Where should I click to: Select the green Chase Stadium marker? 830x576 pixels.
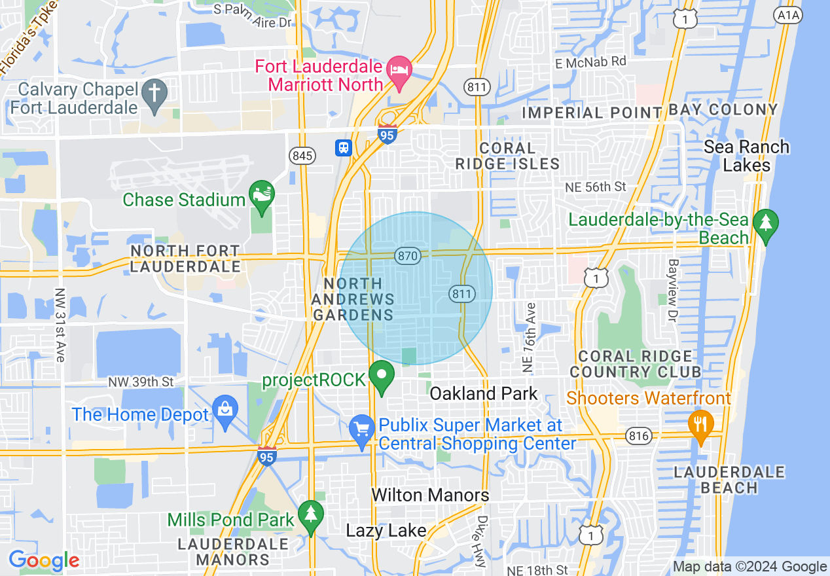pos(262,196)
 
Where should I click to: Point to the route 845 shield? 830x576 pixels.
pos(303,156)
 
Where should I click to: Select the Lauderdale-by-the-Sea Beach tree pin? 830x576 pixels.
pos(765,225)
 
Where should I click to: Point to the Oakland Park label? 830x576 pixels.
pos(484,394)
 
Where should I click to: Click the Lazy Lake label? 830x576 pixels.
pos(386,530)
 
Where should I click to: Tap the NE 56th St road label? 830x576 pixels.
pos(596,187)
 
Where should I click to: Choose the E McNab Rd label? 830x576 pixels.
pos(591,62)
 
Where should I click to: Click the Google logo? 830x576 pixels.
pos(44,561)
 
